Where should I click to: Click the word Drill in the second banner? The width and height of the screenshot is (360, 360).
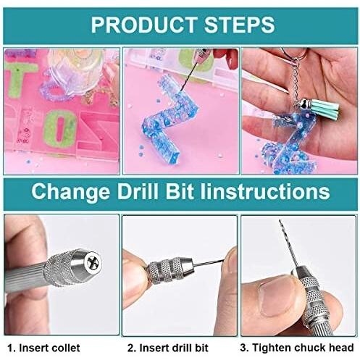click(148, 193)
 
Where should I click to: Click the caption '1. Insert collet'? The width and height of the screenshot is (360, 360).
click(44, 348)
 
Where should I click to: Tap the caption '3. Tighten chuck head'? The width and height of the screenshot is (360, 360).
click(298, 348)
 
